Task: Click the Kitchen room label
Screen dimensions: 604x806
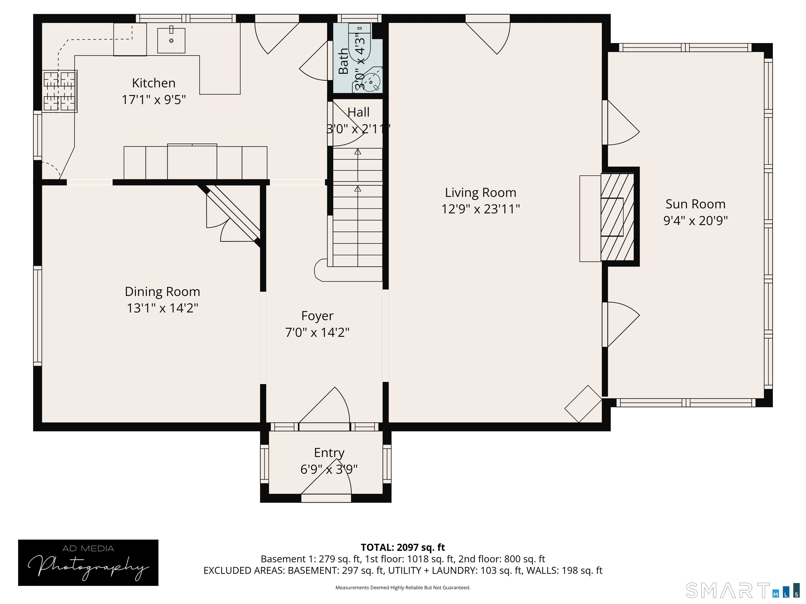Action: coord(153,83)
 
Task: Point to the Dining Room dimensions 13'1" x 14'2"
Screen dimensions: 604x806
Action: coord(162,308)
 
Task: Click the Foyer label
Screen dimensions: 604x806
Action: coord(317,316)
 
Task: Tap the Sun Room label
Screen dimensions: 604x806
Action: coord(695,204)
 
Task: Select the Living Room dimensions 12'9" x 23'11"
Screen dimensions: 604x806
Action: coord(480,209)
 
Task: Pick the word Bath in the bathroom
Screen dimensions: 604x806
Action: coord(343,61)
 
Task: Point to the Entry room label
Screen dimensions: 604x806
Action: coord(329,452)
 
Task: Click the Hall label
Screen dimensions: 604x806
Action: coord(359,112)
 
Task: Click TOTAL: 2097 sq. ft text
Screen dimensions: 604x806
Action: coord(403,547)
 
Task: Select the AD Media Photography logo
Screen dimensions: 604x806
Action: coord(88,563)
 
